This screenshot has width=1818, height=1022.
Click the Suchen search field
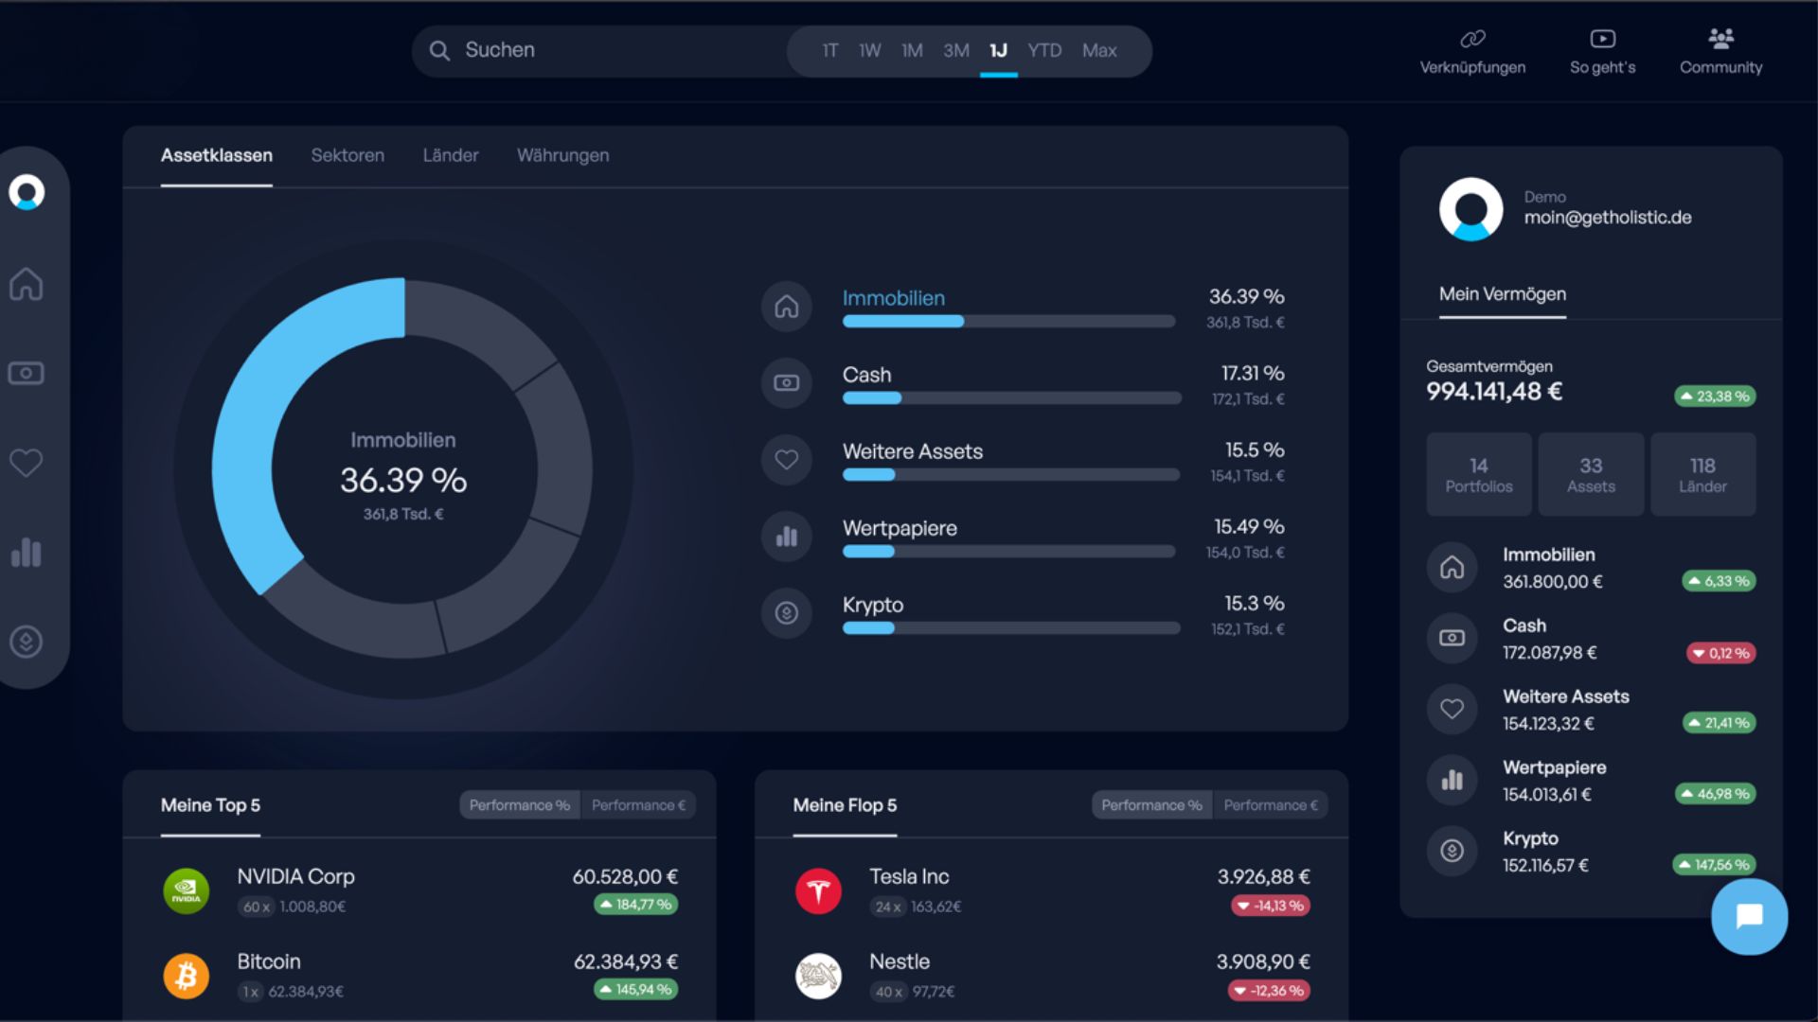(606, 50)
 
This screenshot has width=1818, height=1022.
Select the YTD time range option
(1044, 50)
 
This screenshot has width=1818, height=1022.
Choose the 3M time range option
(956, 50)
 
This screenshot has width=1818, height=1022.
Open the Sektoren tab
(348, 155)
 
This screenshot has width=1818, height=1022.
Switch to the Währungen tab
(562, 155)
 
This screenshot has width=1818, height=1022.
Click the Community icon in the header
(1720, 38)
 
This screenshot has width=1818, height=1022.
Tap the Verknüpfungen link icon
(1472, 39)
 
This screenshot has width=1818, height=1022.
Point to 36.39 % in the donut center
(403, 480)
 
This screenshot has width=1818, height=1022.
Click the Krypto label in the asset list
(873, 605)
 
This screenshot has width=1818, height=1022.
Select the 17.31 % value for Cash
(1253, 373)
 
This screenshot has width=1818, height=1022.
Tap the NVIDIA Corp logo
(187, 890)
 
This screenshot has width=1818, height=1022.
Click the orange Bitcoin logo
(187, 976)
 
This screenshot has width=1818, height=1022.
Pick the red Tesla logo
(819, 890)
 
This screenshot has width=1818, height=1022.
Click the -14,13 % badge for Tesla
(1271, 906)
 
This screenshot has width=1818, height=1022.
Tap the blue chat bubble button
(1749, 916)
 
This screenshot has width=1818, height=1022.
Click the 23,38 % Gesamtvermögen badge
(1715, 396)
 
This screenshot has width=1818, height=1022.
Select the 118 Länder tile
(1702, 474)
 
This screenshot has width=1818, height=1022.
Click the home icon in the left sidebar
(27, 283)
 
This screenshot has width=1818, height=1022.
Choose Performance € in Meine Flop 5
(1271, 805)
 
